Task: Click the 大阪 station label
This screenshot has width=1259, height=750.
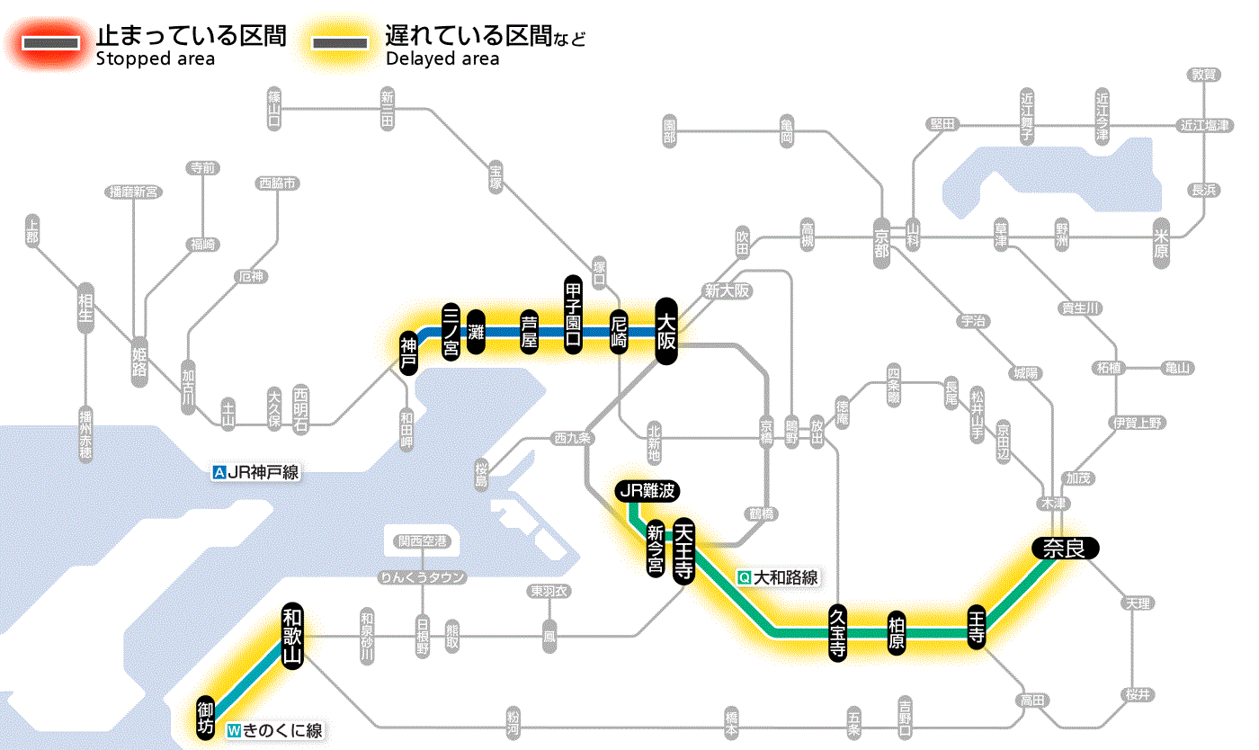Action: [x=665, y=331]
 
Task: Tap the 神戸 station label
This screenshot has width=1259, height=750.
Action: [x=409, y=353]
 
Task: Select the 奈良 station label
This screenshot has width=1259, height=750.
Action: [x=1065, y=548]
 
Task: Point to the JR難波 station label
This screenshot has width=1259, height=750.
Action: [x=647, y=491]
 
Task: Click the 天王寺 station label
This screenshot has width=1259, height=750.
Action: [x=684, y=551]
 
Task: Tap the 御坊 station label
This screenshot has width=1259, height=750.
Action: [x=206, y=716]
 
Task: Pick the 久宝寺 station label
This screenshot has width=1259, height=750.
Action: [x=837, y=633]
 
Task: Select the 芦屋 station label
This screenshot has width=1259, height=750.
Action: [x=530, y=332]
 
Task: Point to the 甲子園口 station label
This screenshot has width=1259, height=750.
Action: [x=574, y=315]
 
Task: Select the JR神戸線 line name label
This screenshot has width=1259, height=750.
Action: [x=255, y=472]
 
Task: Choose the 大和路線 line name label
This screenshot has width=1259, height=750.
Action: [x=779, y=577]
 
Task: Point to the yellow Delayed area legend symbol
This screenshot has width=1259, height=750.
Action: [x=340, y=43]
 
